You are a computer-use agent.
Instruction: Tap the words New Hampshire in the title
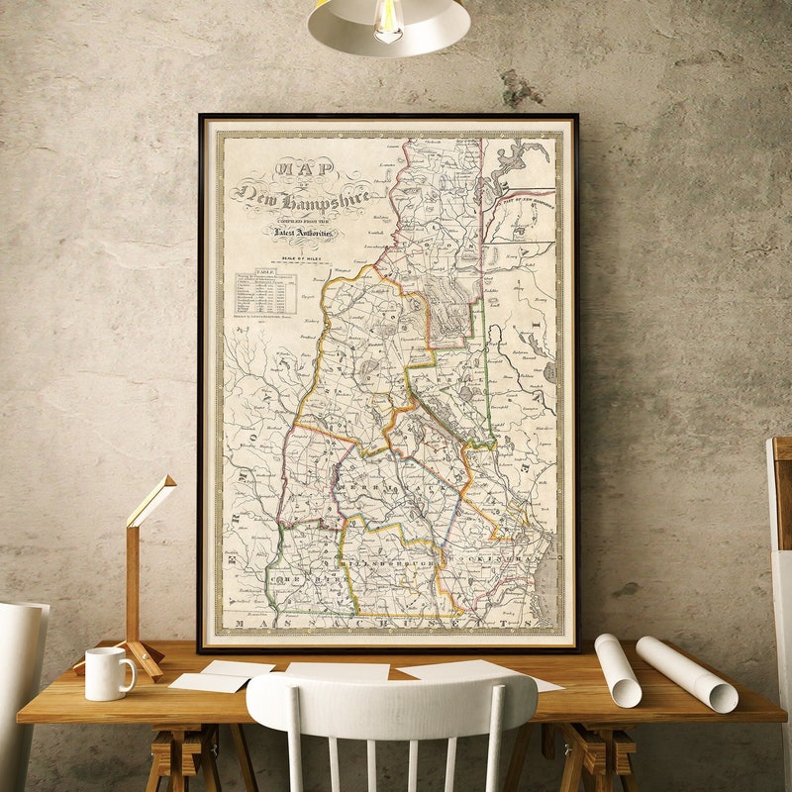pos(302,198)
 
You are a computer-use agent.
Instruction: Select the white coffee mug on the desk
pos(106,674)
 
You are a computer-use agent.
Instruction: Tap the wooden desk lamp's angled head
pos(151,500)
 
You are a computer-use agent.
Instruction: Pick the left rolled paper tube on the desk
pos(617,670)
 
